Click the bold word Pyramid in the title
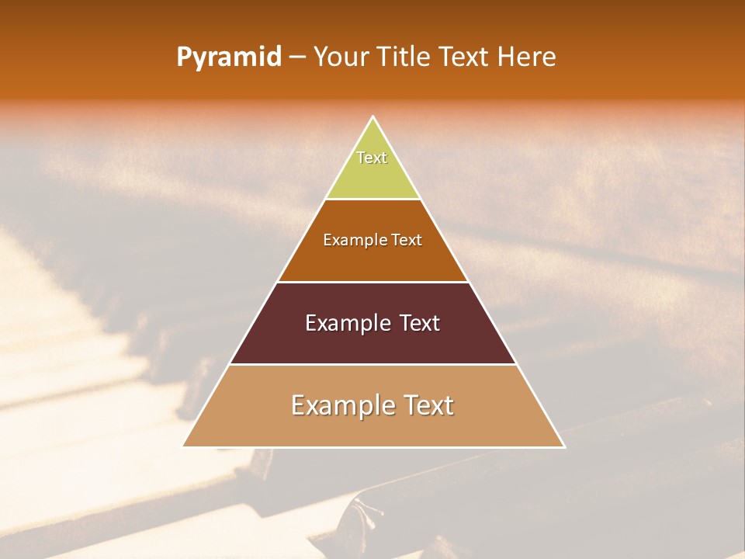pyautogui.click(x=229, y=57)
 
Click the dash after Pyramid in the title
pyautogui.click(x=297, y=57)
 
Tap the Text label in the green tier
pyautogui.click(x=372, y=158)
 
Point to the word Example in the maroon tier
pyautogui.click(x=345, y=323)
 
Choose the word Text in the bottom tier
pyautogui.click(x=428, y=405)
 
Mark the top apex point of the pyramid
pyautogui.click(x=373, y=117)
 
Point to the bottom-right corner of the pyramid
pyautogui.click(x=564, y=446)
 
